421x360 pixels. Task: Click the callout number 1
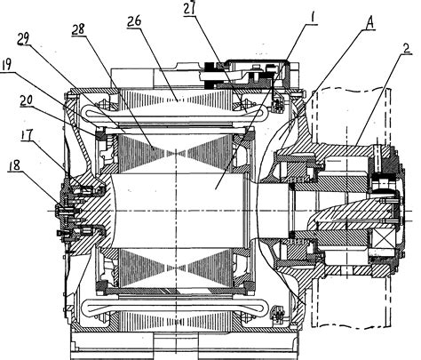click(307, 16)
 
